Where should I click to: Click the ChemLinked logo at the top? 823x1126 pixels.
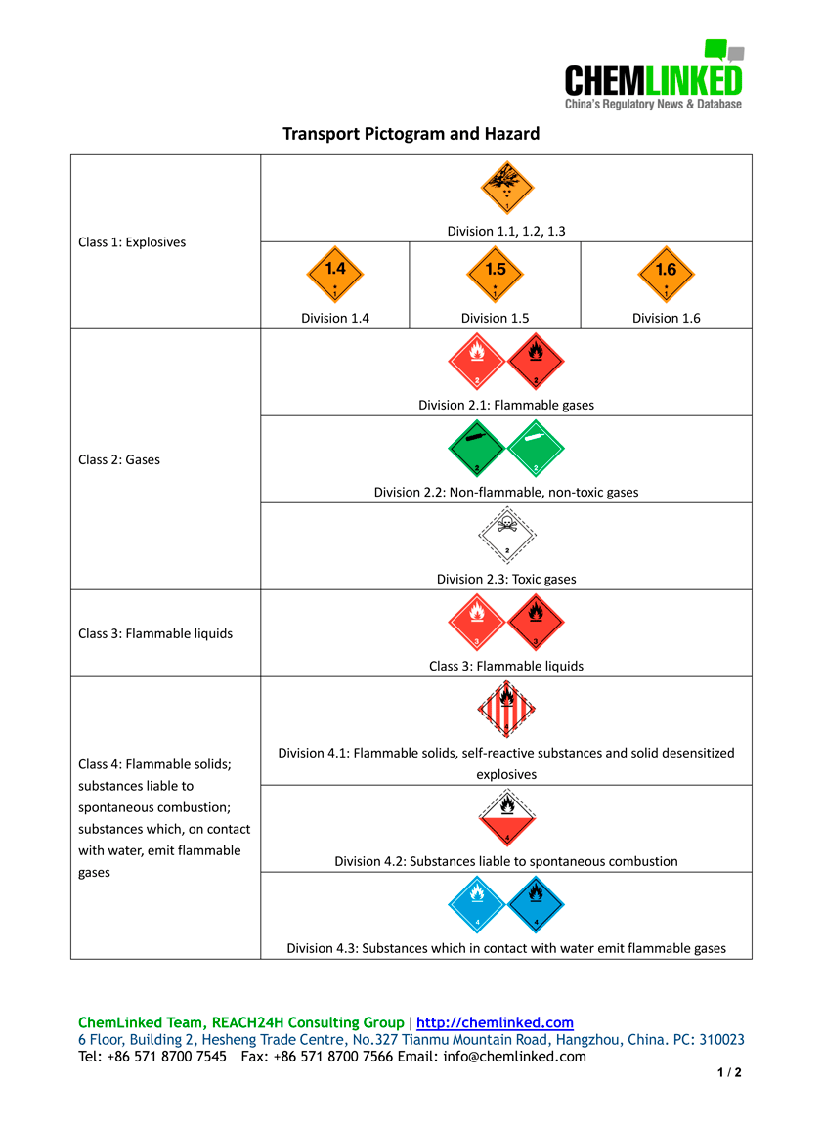(x=653, y=76)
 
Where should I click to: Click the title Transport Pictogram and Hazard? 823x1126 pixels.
(x=411, y=133)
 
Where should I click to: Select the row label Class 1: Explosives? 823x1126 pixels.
(x=132, y=241)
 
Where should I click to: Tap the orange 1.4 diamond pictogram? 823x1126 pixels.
(x=335, y=275)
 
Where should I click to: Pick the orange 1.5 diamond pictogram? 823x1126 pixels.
(x=496, y=275)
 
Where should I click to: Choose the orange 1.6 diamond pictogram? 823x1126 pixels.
(x=666, y=275)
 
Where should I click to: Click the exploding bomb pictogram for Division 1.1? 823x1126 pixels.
(x=506, y=188)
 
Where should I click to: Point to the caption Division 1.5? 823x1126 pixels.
(x=496, y=318)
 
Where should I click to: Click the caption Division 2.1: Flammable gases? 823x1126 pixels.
(x=506, y=405)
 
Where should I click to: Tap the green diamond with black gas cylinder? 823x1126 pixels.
(x=476, y=449)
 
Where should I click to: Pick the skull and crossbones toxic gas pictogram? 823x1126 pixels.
(x=506, y=535)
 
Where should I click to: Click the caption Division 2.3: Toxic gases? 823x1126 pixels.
(x=506, y=579)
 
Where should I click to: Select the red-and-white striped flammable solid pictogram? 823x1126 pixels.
(x=506, y=710)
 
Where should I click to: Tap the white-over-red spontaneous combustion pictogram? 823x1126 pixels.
(x=506, y=817)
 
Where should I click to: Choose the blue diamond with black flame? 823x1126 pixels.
(x=537, y=904)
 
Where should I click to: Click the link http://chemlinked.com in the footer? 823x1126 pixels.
(x=495, y=1022)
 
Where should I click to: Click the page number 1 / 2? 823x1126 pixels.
(x=729, y=1073)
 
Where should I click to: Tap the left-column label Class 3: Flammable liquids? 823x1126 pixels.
(x=155, y=633)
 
